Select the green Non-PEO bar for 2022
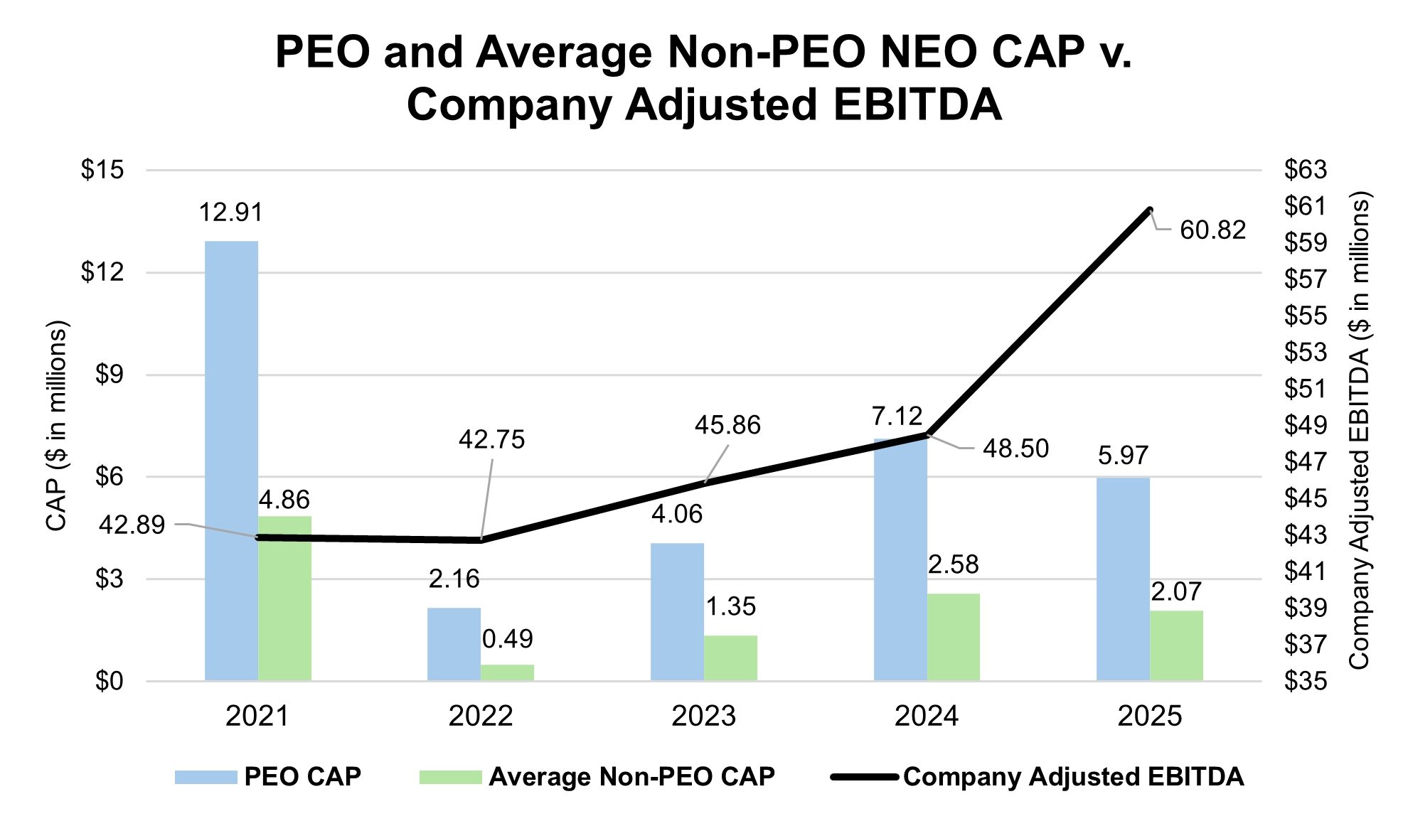point(507,672)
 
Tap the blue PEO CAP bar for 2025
point(1123,579)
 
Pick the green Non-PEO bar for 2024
point(954,637)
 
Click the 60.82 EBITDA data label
point(1212,230)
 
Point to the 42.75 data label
point(491,440)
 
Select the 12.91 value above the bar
point(231,213)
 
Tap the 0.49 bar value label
point(507,639)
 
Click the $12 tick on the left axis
point(102,272)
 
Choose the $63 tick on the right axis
point(1306,170)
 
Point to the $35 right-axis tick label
point(1306,682)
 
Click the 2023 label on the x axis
point(703,716)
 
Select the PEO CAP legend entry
point(302,777)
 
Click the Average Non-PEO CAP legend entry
point(631,777)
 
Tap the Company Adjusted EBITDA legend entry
point(1073,777)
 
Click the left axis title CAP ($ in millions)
point(56,426)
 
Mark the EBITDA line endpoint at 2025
point(1149,210)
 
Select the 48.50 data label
point(1015,449)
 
